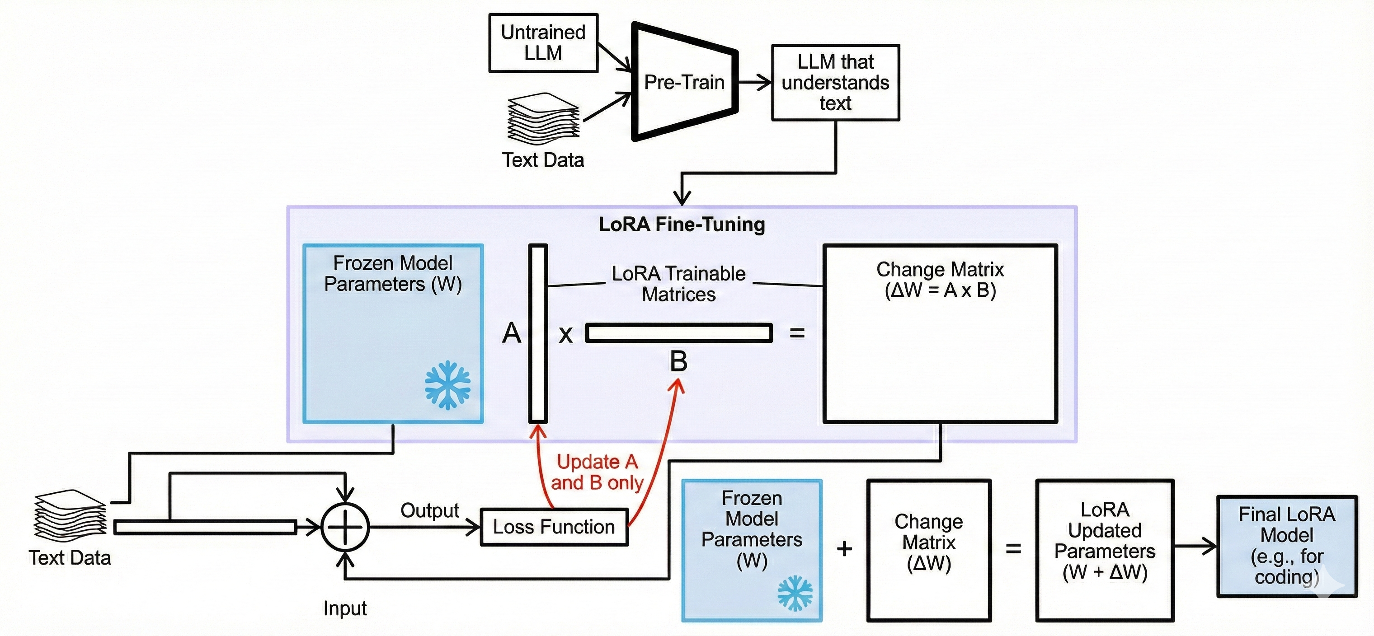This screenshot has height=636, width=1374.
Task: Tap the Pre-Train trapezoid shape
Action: [684, 82]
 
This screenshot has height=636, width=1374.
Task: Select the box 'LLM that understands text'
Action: [835, 83]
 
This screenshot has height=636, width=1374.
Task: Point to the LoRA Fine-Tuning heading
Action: [682, 224]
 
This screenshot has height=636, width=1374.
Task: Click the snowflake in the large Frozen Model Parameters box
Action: [447, 385]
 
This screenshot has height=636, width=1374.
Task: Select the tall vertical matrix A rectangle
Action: [538, 333]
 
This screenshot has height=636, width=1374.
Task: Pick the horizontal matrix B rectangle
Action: [678, 332]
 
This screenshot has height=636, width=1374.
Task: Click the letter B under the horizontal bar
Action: [678, 361]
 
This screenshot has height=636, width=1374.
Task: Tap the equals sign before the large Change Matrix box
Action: [797, 333]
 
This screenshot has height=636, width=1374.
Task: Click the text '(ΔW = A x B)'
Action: [940, 290]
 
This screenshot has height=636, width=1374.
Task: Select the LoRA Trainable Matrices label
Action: [678, 284]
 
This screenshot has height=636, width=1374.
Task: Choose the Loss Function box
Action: [554, 527]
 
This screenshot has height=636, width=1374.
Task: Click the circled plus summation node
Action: [345, 527]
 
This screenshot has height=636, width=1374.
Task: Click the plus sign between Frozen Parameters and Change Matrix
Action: [844, 548]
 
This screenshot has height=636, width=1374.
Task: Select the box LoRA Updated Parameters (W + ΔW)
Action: [1105, 550]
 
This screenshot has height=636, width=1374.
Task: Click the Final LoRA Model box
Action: [1286, 547]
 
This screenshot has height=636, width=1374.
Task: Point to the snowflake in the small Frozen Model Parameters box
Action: [795, 593]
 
